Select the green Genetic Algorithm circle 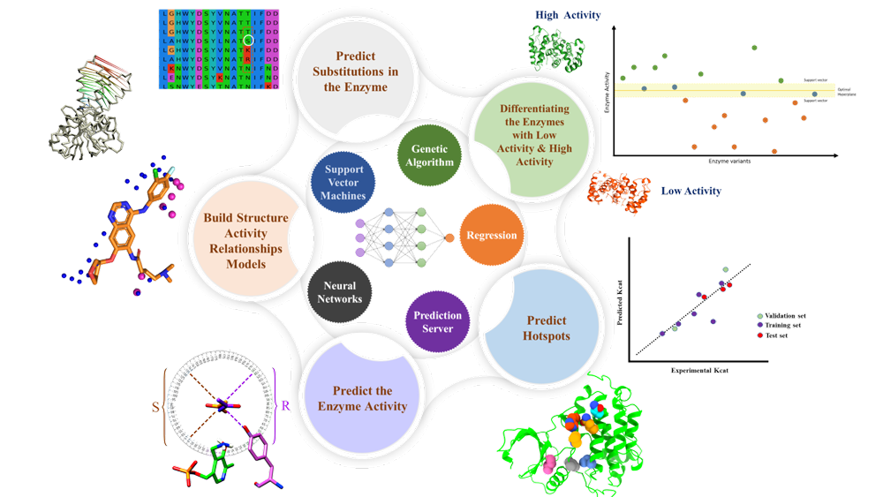[x=429, y=156]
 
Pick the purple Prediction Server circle [x=437, y=321]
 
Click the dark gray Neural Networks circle [x=340, y=292]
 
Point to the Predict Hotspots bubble [x=547, y=328]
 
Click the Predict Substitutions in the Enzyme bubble [x=355, y=72]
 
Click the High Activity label [x=568, y=15]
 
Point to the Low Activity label [x=691, y=191]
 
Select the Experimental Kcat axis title [x=698, y=371]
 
